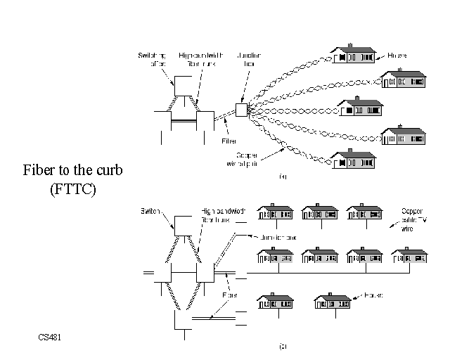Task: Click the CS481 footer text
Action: click(51, 338)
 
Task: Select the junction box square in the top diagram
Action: click(241, 110)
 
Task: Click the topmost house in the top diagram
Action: click(354, 55)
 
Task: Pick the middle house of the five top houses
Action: click(361, 108)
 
